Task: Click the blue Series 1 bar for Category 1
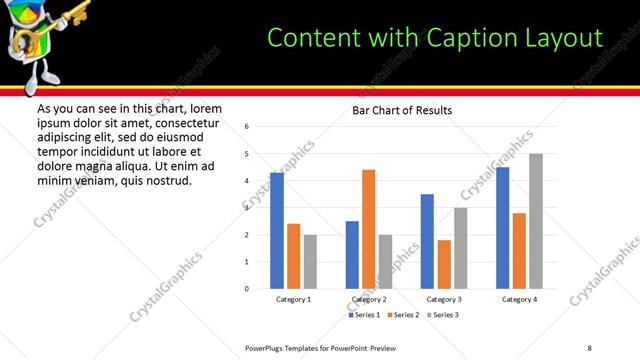(277, 231)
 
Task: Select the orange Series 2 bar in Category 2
(368, 229)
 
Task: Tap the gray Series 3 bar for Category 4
(536, 221)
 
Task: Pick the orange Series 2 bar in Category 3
(444, 264)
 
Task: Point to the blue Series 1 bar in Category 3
(427, 241)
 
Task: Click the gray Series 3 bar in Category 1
(310, 262)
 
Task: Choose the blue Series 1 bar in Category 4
(502, 228)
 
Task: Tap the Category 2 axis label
(368, 299)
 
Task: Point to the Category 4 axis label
(519, 299)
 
